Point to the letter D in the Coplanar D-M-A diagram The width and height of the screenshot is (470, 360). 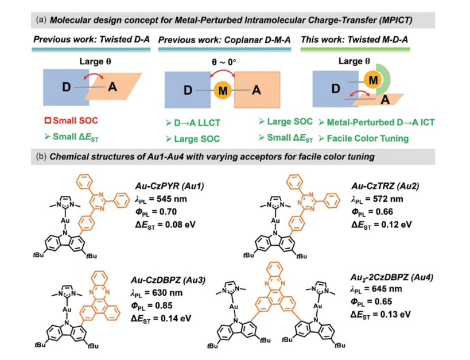(x=188, y=91)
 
